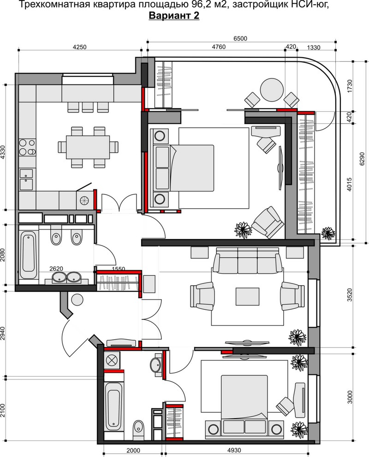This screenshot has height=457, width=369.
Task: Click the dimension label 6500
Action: coord(240,38)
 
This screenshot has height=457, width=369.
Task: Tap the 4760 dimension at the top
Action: coord(219,47)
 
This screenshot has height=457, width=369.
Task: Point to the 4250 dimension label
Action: coord(79,47)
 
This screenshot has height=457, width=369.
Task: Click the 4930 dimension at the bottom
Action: coord(234,450)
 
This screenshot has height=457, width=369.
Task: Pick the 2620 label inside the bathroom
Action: coord(56,269)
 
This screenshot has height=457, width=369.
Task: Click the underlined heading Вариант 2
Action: coord(174,15)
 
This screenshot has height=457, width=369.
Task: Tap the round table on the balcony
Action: coord(272,90)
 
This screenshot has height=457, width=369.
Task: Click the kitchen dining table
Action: coord(88,147)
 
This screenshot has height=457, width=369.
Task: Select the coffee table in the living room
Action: coord(248,296)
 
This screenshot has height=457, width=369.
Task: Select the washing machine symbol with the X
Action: coord(112,360)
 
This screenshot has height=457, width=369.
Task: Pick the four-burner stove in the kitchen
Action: coord(27,147)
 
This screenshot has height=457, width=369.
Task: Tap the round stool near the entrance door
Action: coord(77,299)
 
